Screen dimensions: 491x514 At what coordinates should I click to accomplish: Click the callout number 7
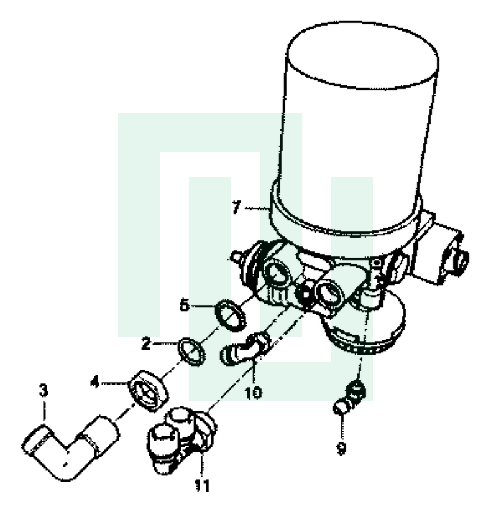click(236, 207)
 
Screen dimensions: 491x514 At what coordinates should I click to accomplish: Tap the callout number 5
click(185, 305)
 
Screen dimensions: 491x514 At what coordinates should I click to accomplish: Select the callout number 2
click(146, 343)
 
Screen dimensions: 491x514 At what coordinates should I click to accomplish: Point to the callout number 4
click(95, 382)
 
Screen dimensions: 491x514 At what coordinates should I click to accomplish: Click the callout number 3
click(44, 390)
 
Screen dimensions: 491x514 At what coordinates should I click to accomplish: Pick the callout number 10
click(254, 393)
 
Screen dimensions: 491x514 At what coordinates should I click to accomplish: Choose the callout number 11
click(202, 485)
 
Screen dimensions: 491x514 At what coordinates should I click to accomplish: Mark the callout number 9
click(341, 448)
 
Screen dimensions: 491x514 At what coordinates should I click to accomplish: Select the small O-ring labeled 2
click(192, 352)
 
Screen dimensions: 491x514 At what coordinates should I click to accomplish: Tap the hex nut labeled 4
click(149, 391)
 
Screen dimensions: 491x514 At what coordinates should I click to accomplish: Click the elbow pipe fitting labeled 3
click(70, 447)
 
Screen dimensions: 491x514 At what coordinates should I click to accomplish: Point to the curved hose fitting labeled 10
click(245, 348)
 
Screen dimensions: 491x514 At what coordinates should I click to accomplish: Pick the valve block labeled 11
click(181, 440)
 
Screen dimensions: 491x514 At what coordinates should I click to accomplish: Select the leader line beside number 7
click(257, 208)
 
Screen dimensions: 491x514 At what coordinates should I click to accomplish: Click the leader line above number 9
click(342, 427)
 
